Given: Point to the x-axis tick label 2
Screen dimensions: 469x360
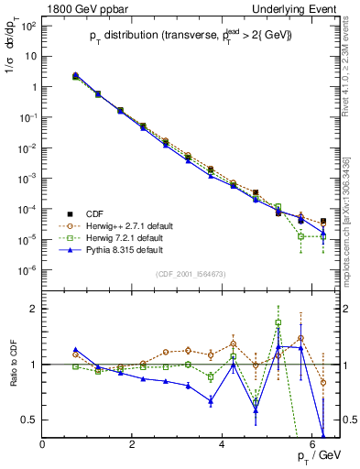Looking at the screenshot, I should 133,444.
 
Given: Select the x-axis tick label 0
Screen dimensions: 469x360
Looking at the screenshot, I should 43,444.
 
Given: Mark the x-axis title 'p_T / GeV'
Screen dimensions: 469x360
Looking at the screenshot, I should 318,457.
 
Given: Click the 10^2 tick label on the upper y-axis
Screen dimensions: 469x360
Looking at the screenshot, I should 28,25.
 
